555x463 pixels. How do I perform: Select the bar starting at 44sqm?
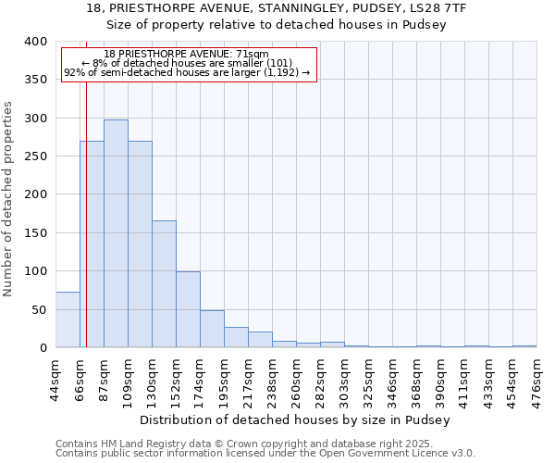click(x=68, y=319)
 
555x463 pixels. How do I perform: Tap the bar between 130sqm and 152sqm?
click(x=164, y=283)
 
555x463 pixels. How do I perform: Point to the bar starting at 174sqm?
click(x=212, y=329)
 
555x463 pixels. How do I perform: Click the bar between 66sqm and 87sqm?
click(x=92, y=244)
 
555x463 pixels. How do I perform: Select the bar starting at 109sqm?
click(x=140, y=244)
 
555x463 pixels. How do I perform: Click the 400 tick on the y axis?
click(x=36, y=42)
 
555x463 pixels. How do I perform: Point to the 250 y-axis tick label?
click(x=36, y=156)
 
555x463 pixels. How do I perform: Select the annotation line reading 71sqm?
click(x=187, y=55)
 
